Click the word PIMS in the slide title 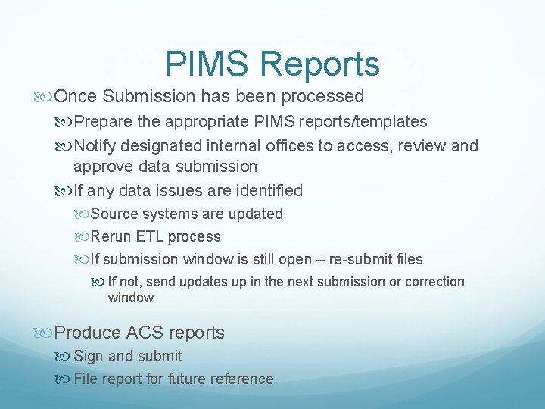(206, 64)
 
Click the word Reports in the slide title (319, 64)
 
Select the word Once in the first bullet (77, 97)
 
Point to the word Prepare (103, 122)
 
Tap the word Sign (87, 356)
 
